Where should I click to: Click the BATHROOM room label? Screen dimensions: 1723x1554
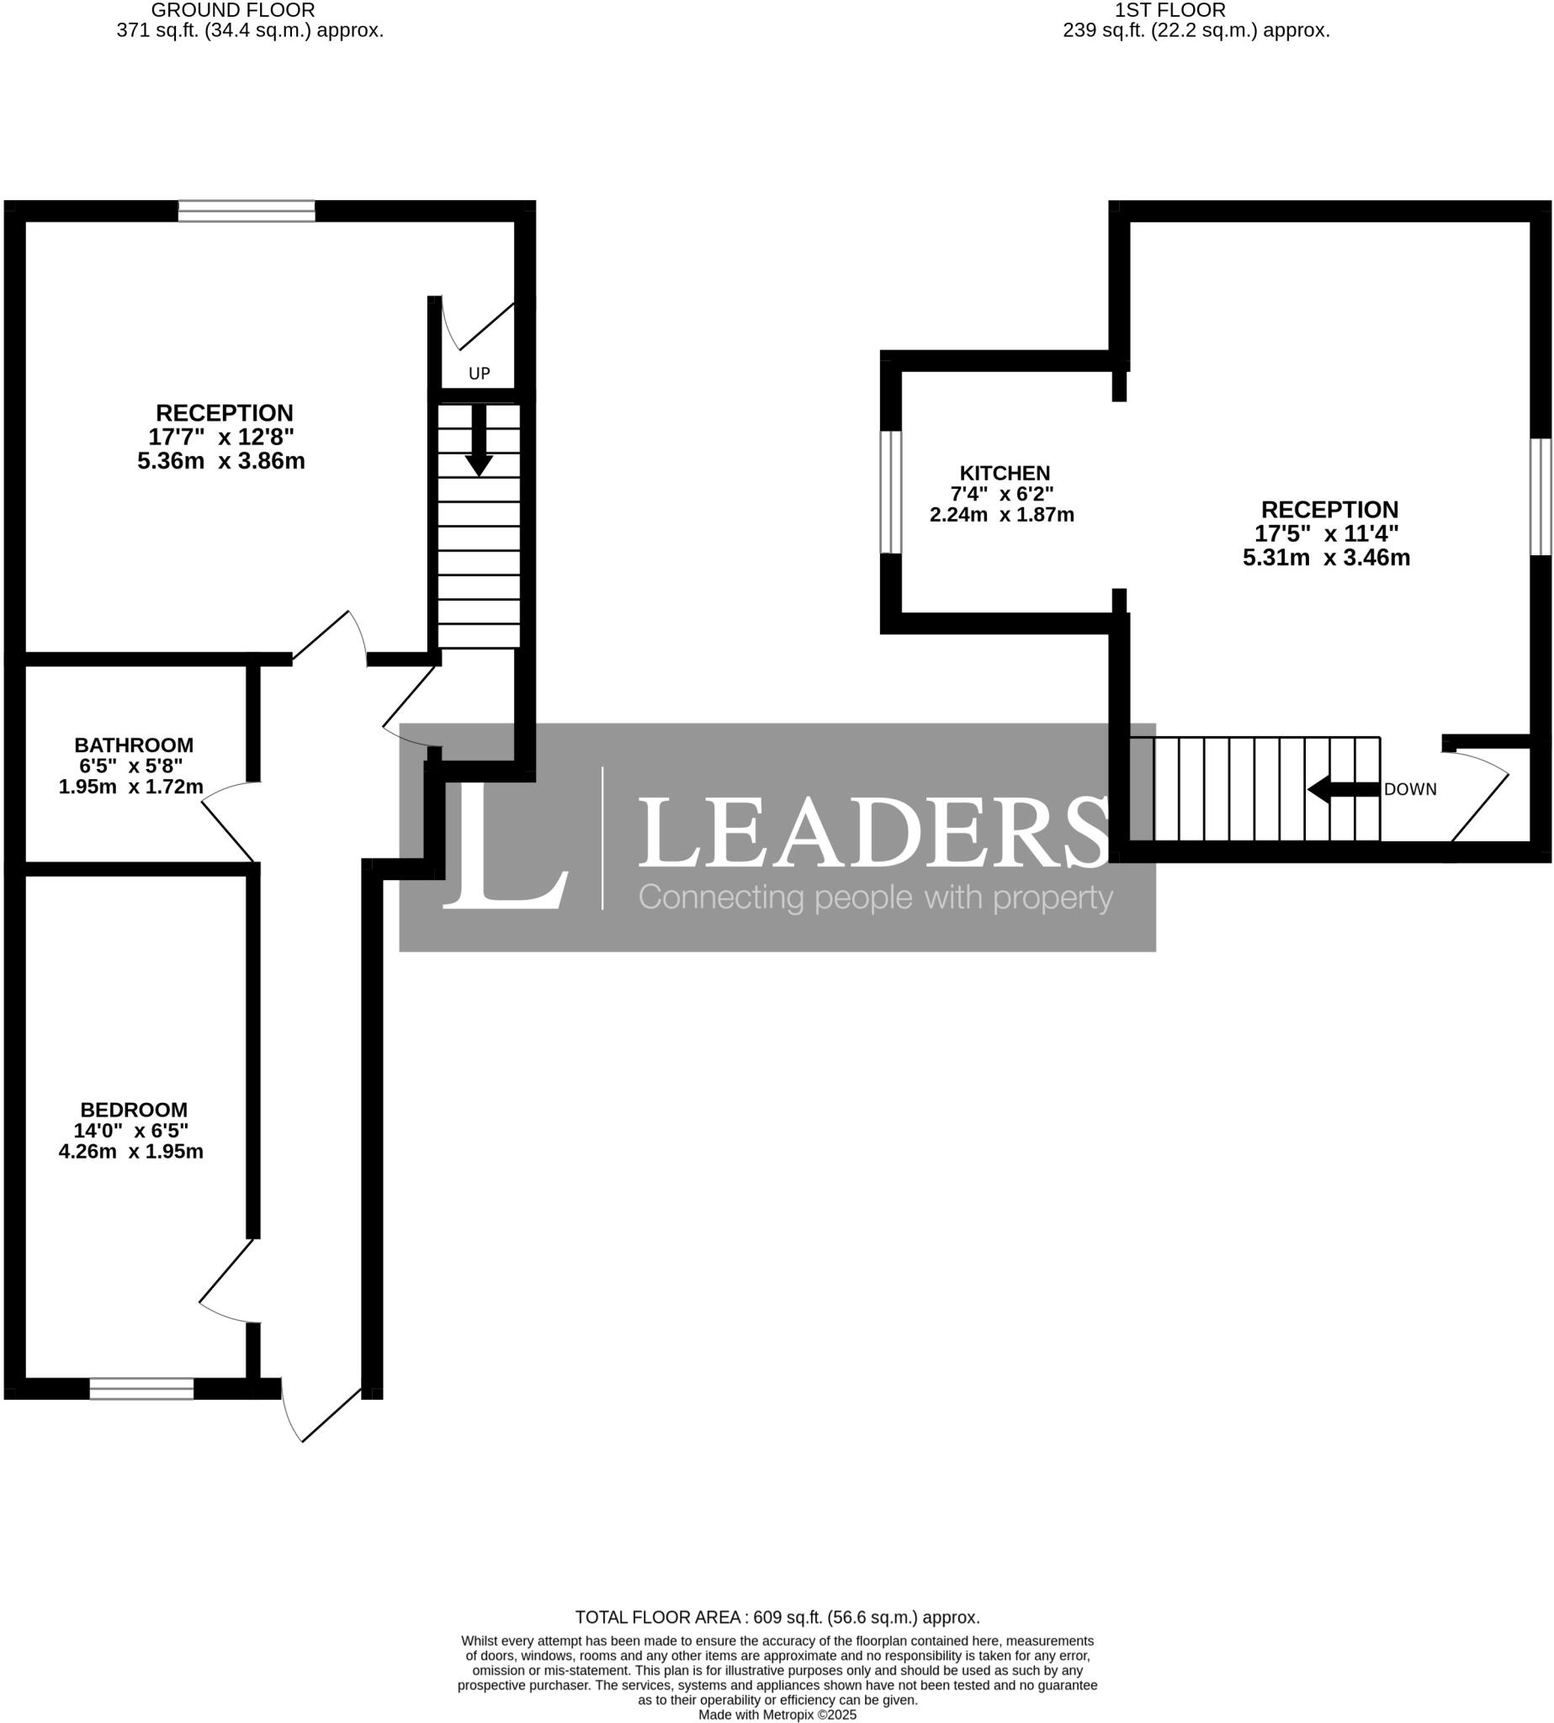pyautogui.click(x=133, y=745)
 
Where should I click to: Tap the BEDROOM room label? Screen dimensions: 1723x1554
pyautogui.click(x=133, y=1110)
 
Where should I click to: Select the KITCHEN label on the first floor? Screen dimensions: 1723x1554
pyautogui.click(x=1004, y=473)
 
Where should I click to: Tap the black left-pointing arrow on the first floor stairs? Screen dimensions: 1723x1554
pyautogui.click(x=1342, y=790)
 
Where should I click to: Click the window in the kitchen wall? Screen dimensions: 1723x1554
pyautogui.click(x=890, y=492)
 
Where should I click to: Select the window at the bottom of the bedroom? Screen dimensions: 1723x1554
pyautogui.click(x=141, y=1389)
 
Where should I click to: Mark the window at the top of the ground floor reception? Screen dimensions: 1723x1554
pyautogui.click(x=247, y=211)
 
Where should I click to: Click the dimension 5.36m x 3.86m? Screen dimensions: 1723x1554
pyautogui.click(x=221, y=462)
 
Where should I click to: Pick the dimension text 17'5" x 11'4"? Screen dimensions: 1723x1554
pyautogui.click(x=1326, y=533)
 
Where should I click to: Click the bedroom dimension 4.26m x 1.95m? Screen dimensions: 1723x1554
pyautogui.click(x=130, y=1152)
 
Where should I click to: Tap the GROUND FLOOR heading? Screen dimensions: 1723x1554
pyautogui.click(x=233, y=10)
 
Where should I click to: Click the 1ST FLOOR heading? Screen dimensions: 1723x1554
pyautogui.click(x=1169, y=10)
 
